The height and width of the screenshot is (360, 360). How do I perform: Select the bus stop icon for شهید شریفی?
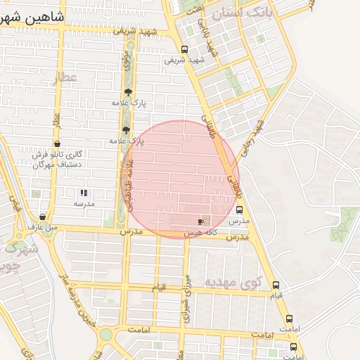point(184,49)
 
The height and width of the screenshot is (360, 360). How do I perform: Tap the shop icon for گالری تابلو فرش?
point(57,143)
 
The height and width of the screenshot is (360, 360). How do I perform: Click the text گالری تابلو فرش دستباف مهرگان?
point(57,159)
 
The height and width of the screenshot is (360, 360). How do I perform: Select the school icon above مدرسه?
point(84,192)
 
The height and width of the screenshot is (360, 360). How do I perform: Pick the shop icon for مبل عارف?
point(44,217)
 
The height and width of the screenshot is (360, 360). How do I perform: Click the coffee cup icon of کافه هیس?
point(201,221)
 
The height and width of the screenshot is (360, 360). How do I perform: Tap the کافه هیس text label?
point(200,232)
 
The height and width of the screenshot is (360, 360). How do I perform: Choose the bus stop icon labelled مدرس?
point(240,210)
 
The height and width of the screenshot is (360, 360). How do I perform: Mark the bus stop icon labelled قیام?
point(275,285)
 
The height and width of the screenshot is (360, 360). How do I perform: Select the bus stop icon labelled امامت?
point(288,319)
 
